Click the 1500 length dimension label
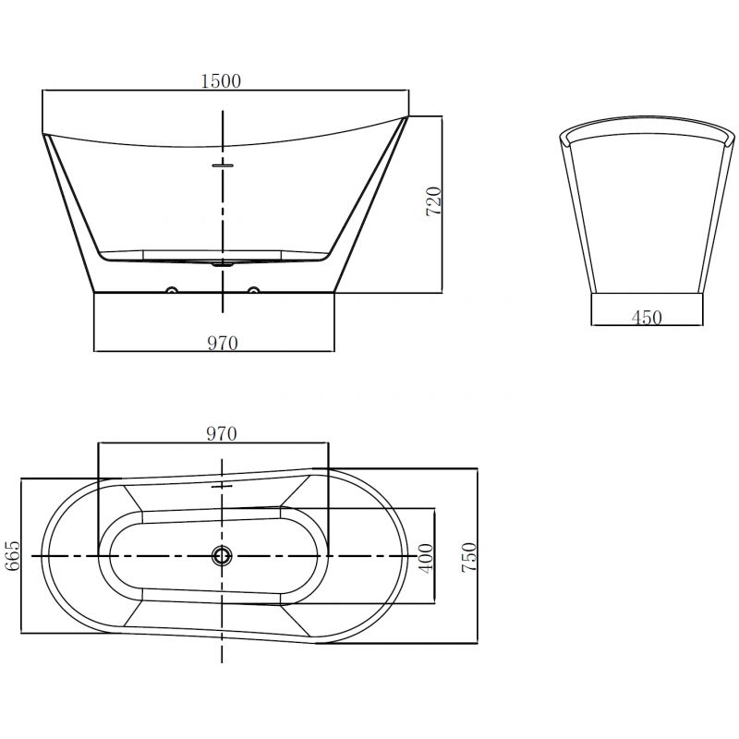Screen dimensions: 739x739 point(221,80)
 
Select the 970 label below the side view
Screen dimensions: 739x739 point(222,344)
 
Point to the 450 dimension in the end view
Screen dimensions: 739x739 point(646,318)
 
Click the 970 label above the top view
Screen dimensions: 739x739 point(222,432)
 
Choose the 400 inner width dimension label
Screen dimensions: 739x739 point(425,557)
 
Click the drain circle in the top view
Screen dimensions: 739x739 point(222,556)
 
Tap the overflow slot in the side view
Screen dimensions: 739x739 point(223,166)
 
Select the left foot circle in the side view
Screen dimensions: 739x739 point(171,293)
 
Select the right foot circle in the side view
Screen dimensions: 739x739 point(252,293)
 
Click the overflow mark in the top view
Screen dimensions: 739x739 point(222,485)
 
